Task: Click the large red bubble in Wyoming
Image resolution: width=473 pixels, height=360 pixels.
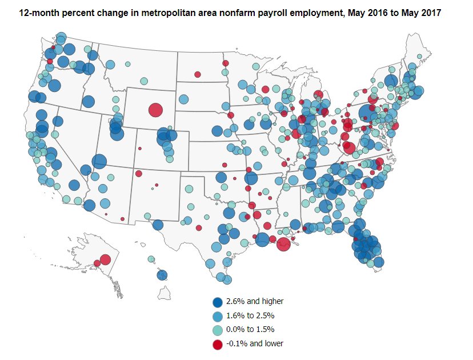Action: tap(155, 110)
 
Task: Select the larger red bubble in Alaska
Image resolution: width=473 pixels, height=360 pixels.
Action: tap(105, 259)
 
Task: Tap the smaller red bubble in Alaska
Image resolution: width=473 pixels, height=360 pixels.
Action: tap(97, 263)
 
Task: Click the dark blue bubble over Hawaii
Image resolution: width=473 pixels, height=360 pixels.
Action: tap(162, 275)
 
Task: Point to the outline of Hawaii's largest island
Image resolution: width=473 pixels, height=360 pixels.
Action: tap(165, 293)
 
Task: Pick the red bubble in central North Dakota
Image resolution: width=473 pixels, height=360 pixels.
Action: tap(197, 74)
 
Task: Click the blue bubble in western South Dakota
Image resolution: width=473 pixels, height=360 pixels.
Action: tap(183, 99)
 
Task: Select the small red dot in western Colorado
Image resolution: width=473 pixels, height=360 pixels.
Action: tap(139, 150)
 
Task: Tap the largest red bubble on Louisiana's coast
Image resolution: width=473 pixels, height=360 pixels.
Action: tap(283, 244)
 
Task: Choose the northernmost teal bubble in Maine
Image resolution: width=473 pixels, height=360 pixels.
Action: tap(420, 56)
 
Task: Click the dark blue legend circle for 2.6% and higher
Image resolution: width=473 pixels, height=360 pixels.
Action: tap(218, 303)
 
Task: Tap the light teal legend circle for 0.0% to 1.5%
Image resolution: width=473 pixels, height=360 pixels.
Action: tap(218, 330)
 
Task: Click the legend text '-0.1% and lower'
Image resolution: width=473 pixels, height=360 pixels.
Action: tap(254, 343)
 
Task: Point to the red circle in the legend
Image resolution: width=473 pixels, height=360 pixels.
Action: tap(218, 344)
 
